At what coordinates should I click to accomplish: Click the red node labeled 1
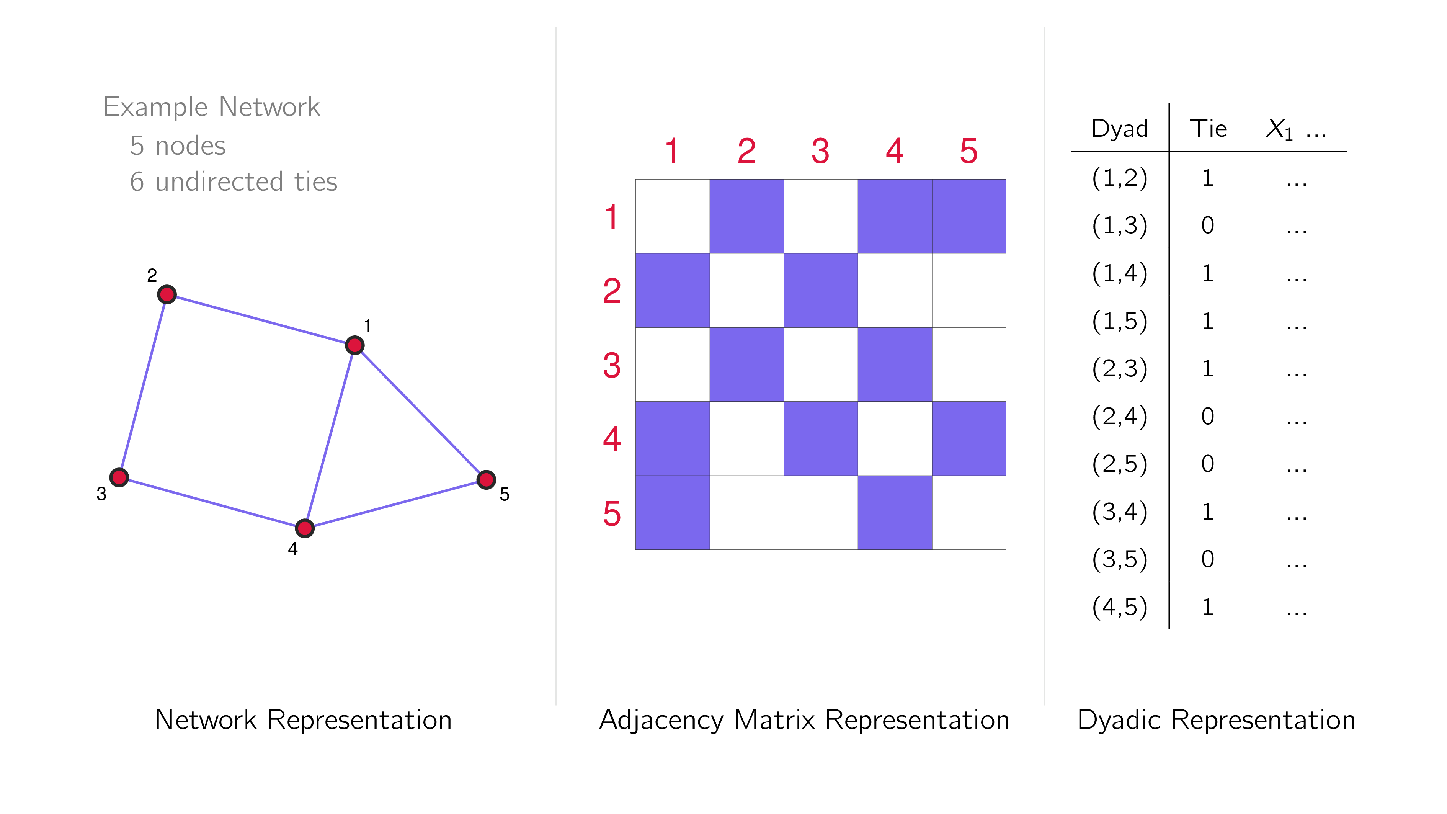tap(354, 345)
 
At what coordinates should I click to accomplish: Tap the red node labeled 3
tap(119, 477)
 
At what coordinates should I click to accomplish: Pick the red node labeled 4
tap(304, 528)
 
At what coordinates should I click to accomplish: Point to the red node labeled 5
tap(486, 480)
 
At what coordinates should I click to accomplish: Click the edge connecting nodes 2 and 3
tap(143, 386)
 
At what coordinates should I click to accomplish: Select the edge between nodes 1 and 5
tap(420, 412)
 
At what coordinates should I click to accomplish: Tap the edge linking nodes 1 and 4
tap(330, 436)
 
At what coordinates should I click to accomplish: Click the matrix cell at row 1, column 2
tap(746, 216)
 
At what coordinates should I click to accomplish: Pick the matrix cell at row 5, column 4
tap(895, 512)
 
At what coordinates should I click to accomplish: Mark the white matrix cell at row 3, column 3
tap(821, 365)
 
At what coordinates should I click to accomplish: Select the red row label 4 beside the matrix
tap(612, 439)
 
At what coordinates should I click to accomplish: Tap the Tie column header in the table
tap(1208, 129)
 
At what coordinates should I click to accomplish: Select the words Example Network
tap(212, 107)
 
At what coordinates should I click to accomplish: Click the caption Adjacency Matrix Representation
tap(804, 720)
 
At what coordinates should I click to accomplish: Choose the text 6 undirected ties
tap(234, 181)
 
